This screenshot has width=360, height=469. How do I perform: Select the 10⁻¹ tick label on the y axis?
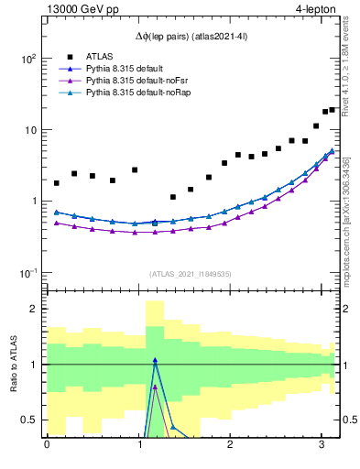26,273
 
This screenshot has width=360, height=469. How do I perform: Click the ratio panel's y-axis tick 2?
32,309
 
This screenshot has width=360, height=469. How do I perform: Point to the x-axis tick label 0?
47,444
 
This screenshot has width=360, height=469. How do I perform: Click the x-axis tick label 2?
230,444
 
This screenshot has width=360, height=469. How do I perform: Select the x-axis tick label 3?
322,444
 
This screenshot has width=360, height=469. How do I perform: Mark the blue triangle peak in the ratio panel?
155,360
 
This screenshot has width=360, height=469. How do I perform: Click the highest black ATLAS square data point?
333,109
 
